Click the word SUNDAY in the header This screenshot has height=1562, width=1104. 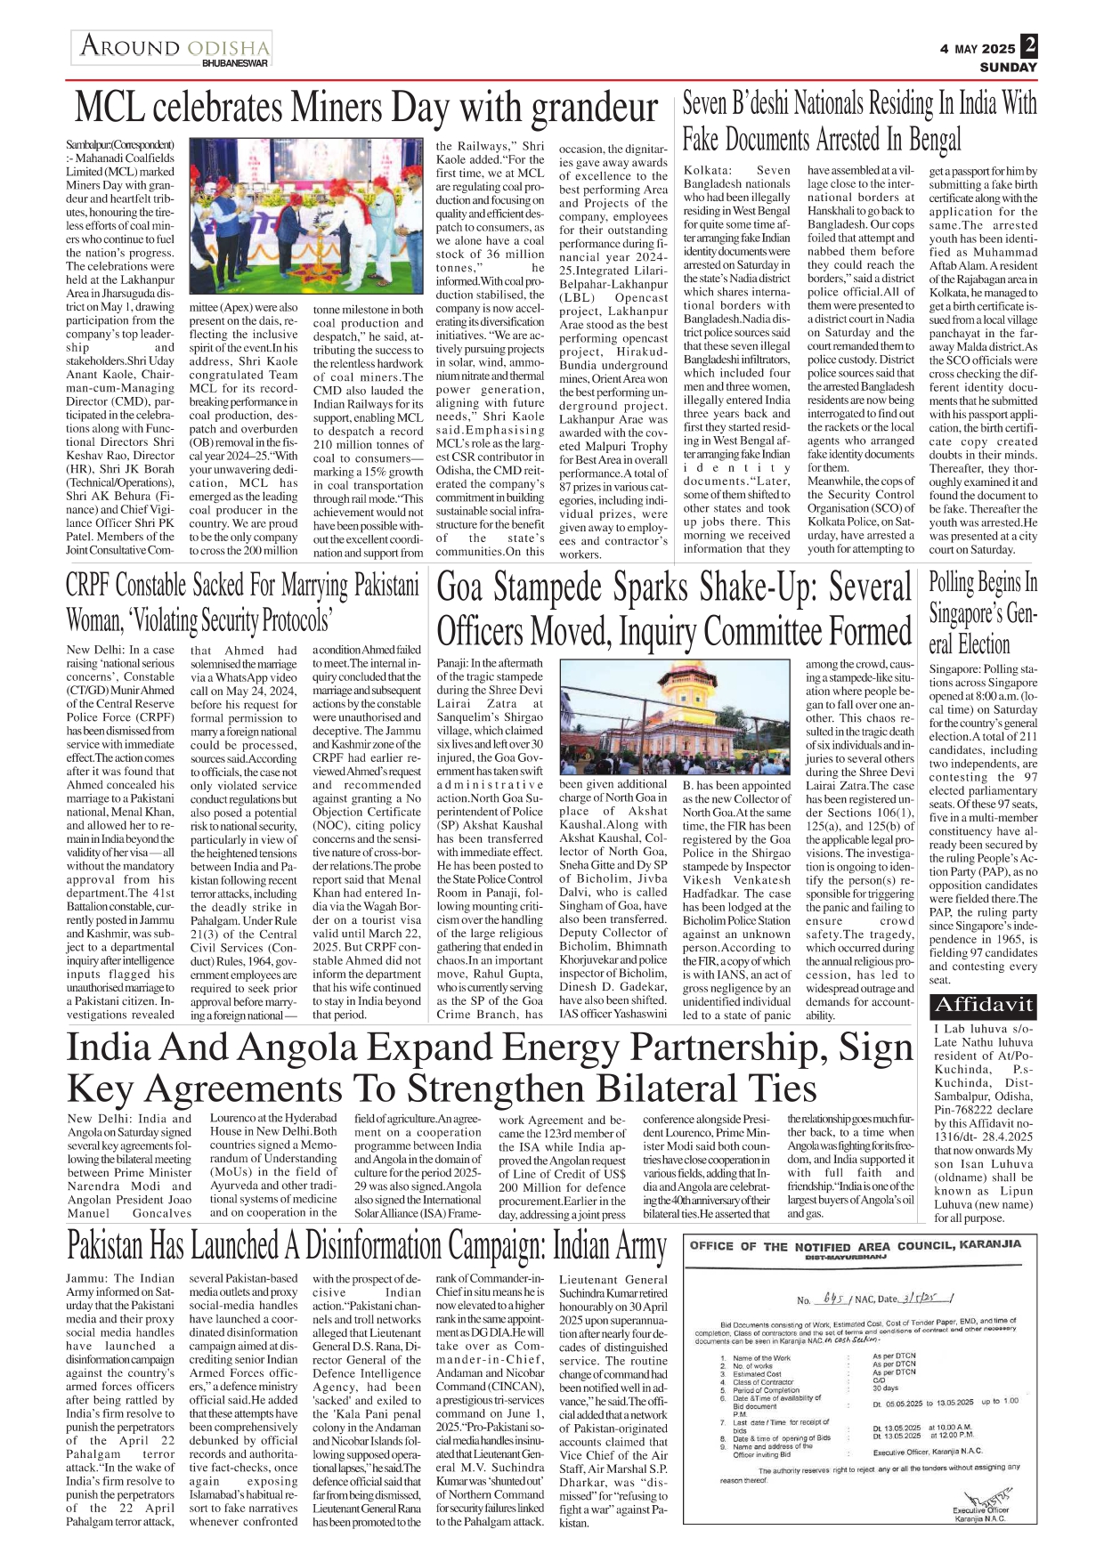[x=1008, y=67]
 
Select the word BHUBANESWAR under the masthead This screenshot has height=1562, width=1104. [x=235, y=63]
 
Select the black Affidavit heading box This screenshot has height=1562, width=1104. [x=982, y=1006]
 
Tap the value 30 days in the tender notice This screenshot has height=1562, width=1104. [x=886, y=1388]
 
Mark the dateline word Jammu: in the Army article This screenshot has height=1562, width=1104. [x=87, y=1278]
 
